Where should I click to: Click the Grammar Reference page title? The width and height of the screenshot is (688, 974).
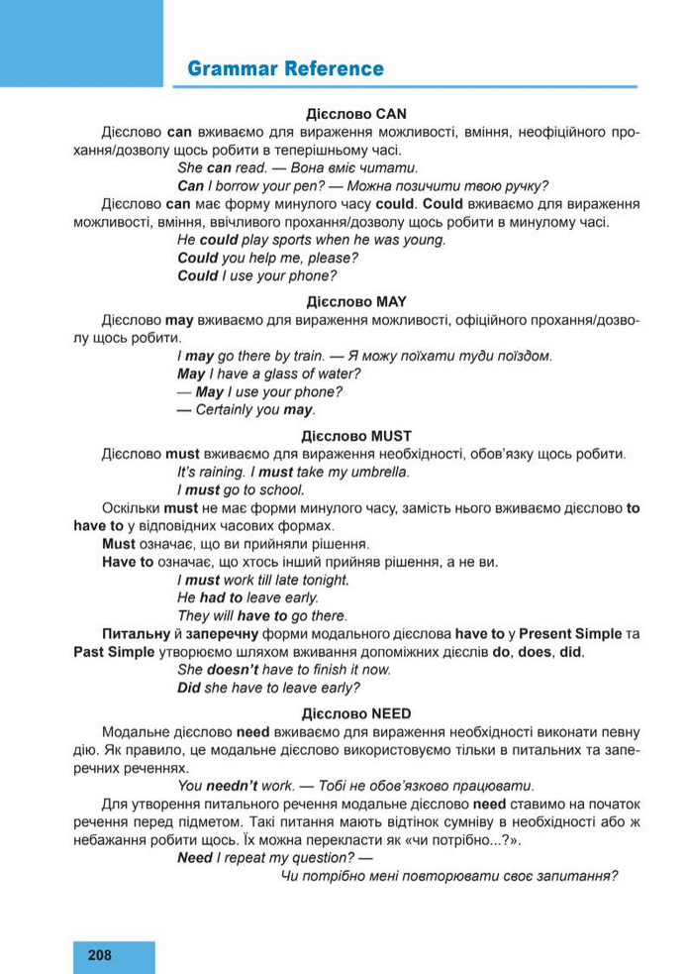285,69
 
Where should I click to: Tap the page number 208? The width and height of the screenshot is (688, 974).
100,955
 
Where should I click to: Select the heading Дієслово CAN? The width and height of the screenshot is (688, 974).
356,114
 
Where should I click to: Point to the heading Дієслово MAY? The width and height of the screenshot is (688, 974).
356,301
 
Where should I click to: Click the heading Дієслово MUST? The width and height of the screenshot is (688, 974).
356,436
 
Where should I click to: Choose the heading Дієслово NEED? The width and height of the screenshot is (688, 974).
356,712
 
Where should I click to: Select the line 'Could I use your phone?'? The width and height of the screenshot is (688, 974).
256,275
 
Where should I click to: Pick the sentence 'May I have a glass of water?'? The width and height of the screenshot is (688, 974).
268,374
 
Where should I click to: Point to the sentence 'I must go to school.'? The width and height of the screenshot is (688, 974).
241,489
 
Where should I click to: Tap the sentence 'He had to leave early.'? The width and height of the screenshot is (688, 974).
247,597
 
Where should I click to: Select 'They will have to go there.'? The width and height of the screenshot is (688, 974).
261,615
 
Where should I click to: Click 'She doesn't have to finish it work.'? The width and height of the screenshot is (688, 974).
283,670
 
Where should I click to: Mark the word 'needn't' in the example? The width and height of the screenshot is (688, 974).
232,786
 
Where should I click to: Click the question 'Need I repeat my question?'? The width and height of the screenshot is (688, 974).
267,858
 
